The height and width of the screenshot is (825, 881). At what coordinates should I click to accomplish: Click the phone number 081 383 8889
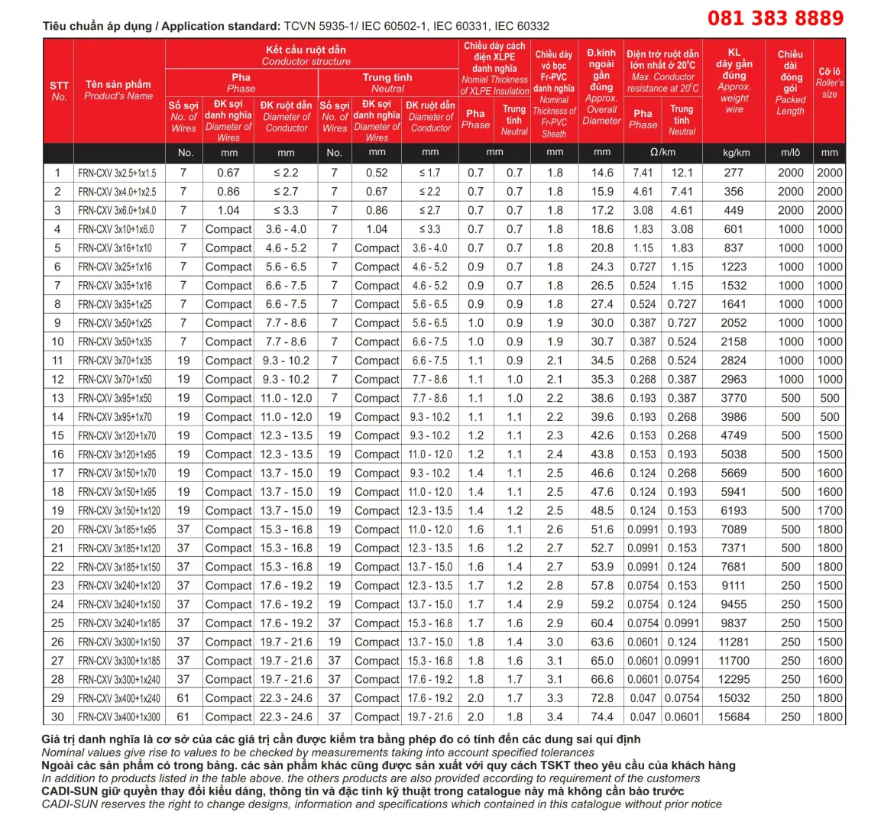[775, 18]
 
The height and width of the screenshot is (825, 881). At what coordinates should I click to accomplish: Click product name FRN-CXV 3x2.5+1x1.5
[117, 173]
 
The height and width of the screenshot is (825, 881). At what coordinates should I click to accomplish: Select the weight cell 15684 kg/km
[734, 717]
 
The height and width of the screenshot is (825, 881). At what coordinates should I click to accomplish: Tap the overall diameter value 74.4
[602, 717]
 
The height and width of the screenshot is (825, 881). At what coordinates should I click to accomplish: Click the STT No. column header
[59, 91]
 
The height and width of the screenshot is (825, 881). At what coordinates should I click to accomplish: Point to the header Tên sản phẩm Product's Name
[118, 89]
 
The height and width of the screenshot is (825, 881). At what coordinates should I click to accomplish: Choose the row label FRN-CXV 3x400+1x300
[119, 717]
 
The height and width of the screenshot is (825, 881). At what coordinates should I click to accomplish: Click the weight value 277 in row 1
[734, 173]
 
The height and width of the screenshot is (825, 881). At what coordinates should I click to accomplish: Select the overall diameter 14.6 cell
[602, 173]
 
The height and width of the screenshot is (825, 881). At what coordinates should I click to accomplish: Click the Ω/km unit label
[662, 153]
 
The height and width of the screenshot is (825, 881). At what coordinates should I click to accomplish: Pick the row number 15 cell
[58, 435]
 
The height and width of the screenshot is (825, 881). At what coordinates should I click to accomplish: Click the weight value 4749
[734, 435]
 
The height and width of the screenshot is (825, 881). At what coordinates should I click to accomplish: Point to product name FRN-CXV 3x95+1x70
[115, 417]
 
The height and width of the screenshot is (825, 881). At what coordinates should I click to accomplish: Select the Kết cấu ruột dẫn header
[306, 55]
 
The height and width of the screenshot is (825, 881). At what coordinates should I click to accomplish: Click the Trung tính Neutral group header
[387, 82]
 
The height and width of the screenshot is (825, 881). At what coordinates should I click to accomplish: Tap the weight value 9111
[734, 586]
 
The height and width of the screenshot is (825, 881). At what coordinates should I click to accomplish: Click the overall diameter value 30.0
[602, 323]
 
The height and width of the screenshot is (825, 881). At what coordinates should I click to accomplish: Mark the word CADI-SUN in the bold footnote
[66, 791]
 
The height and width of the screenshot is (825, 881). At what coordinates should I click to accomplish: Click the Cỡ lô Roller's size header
[829, 82]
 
